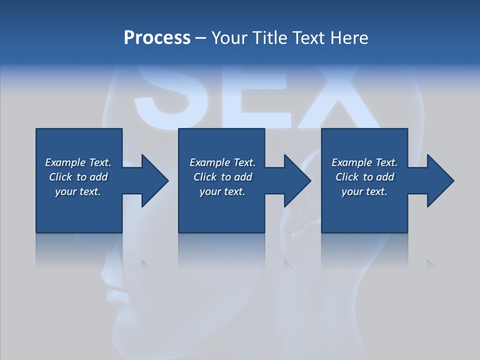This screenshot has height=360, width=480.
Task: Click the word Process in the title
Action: click(x=157, y=38)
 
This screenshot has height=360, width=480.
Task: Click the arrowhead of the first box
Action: click(x=152, y=180)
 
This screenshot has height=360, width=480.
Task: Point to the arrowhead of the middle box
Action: click(x=295, y=180)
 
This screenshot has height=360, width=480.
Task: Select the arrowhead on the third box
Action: click(x=438, y=180)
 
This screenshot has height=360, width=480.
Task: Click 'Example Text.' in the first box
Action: click(x=78, y=162)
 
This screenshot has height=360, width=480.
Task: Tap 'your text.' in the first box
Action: click(x=78, y=191)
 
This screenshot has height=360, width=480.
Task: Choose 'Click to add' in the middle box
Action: click(x=222, y=177)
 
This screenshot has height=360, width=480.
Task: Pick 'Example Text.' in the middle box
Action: click(x=222, y=162)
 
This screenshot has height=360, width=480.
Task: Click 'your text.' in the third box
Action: click(x=364, y=191)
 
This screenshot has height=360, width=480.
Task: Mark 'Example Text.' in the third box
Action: click(x=364, y=162)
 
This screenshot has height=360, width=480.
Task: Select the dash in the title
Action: click(x=201, y=38)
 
